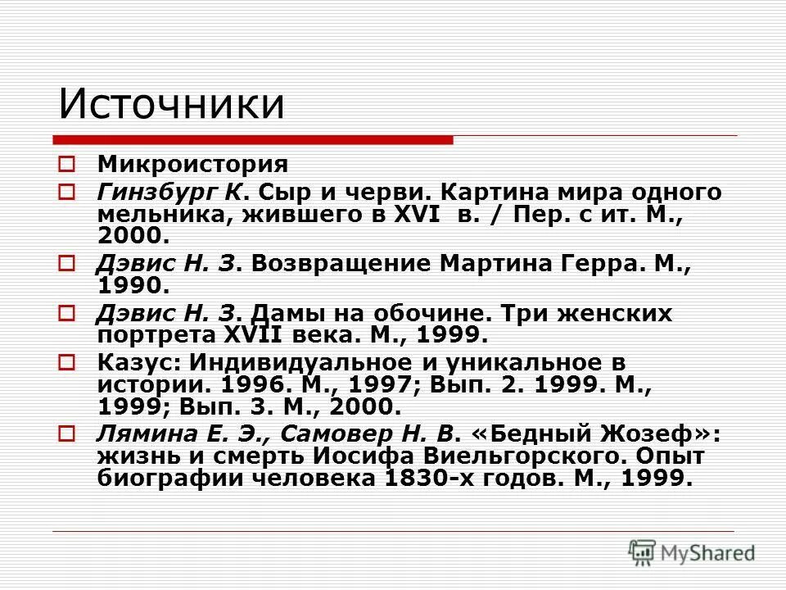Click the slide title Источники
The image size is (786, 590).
coord(171,106)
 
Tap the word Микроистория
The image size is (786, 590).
coord(192,164)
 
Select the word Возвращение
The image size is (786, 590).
coord(341,265)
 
